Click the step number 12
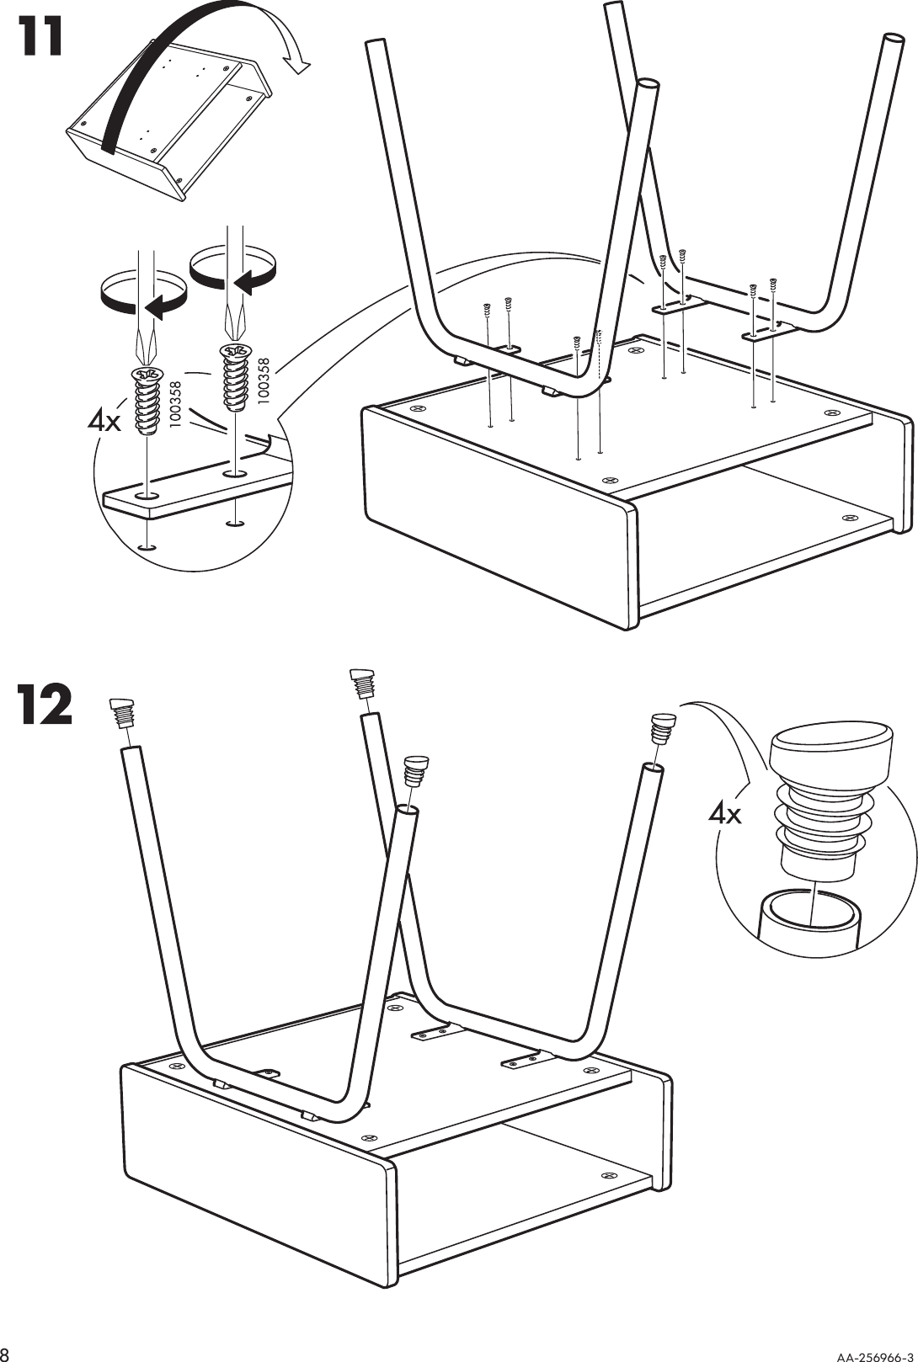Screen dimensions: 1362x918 pyautogui.click(x=44, y=705)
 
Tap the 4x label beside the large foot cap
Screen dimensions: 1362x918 pyautogui.click(x=725, y=813)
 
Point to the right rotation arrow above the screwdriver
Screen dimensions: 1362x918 pyautogui.click(x=233, y=263)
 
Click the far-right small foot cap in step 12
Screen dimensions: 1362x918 pyautogui.click(x=664, y=727)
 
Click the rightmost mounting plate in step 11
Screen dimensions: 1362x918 pyautogui.click(x=767, y=333)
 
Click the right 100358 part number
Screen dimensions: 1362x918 pyautogui.click(x=264, y=383)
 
